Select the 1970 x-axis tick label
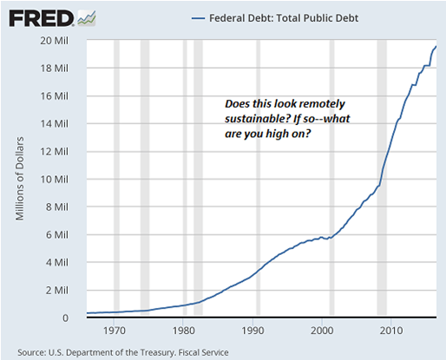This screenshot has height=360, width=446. click(x=114, y=331)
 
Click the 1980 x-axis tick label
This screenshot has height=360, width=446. click(x=183, y=331)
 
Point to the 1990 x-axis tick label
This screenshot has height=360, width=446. click(x=253, y=331)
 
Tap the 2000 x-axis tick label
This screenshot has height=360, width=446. click(x=322, y=331)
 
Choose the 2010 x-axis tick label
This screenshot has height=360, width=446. click(x=391, y=331)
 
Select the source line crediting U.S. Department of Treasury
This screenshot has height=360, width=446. click(x=123, y=351)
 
